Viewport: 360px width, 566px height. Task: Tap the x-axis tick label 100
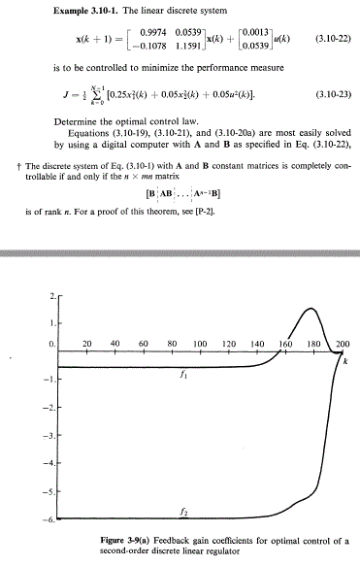(201, 345)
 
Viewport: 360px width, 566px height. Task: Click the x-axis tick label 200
(343, 345)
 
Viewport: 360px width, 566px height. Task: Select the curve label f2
(183, 510)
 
